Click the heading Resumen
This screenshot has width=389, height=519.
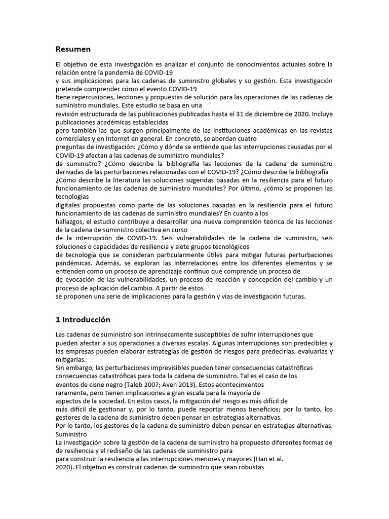point(73,49)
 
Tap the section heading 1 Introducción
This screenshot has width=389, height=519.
point(83,320)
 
